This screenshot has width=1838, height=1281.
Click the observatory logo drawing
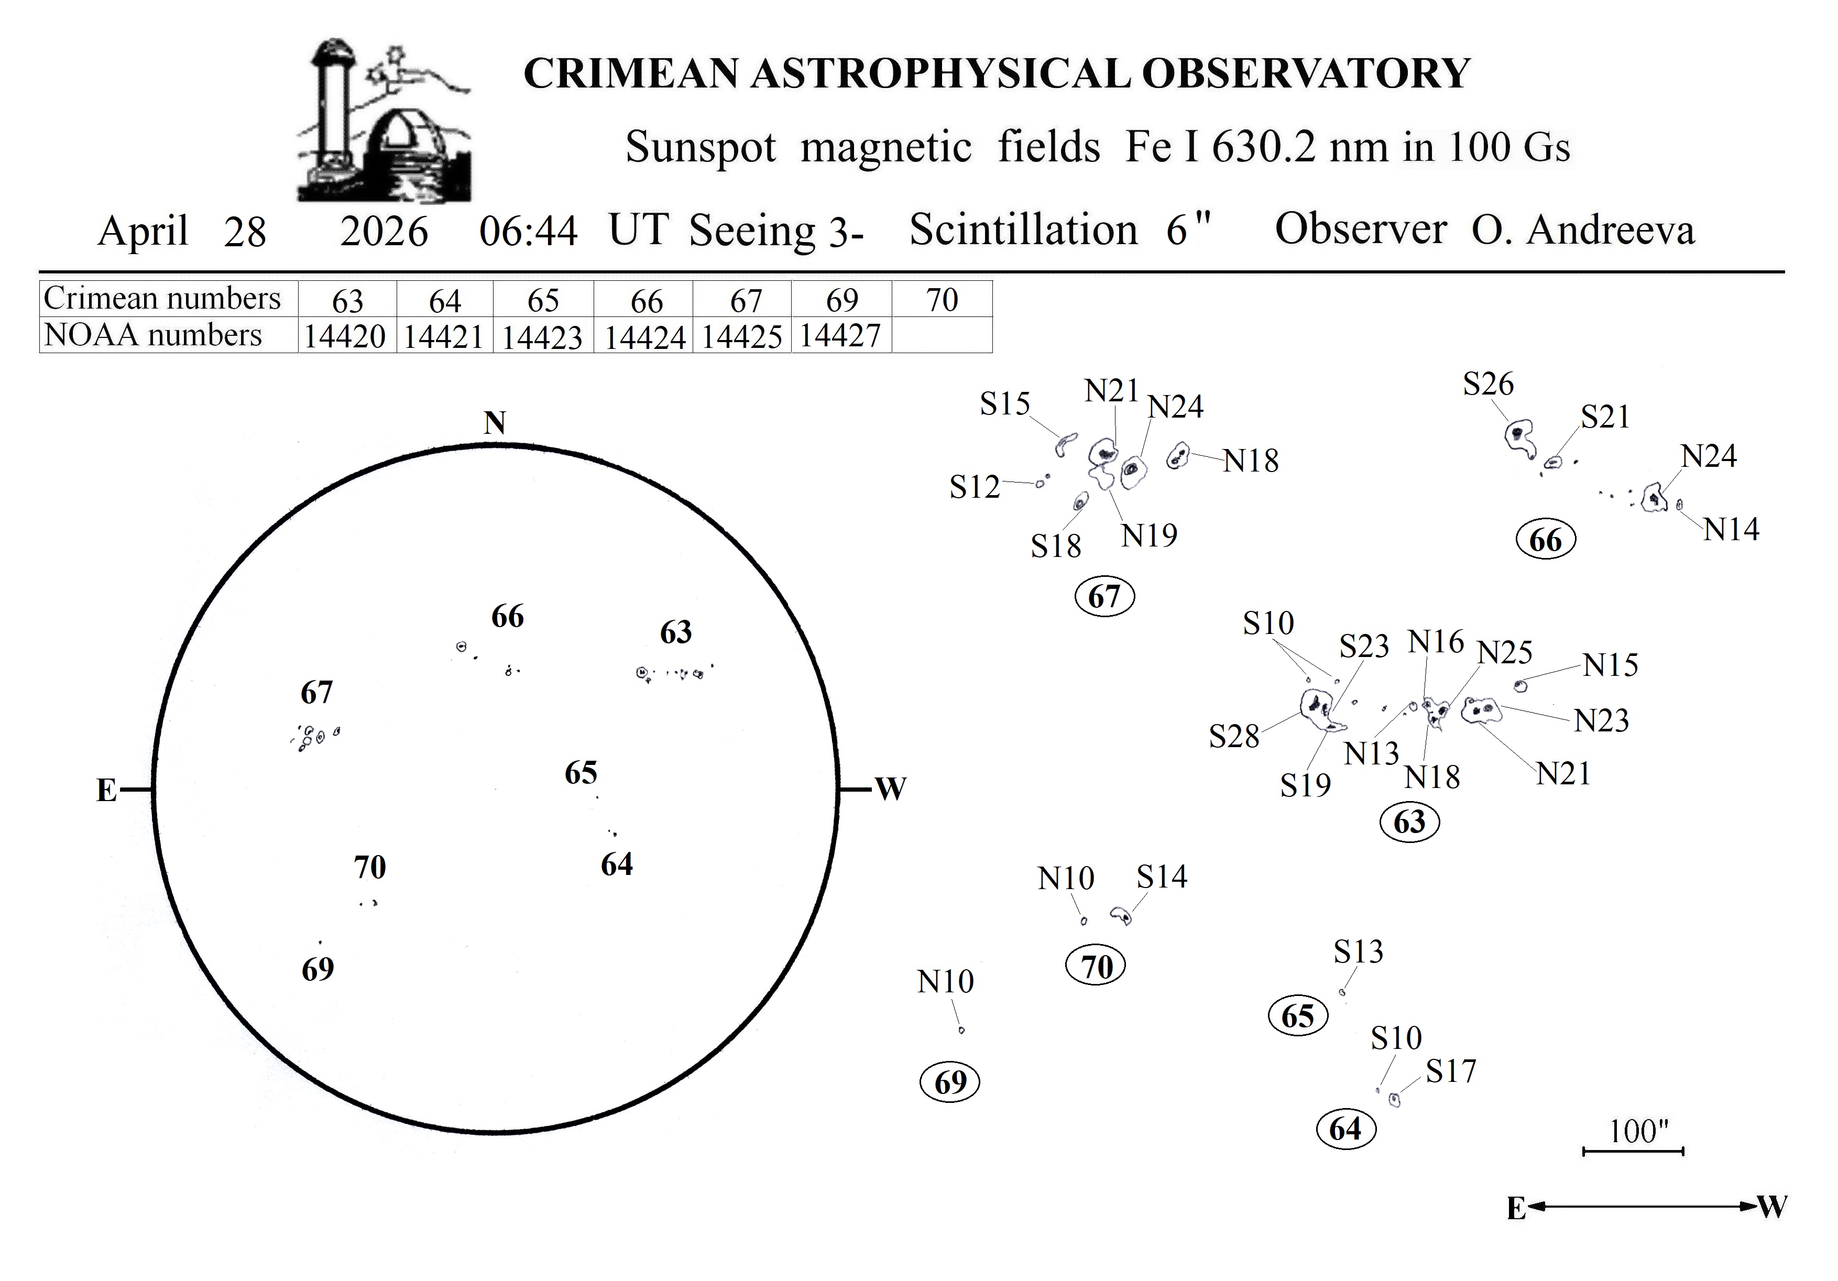coord(382,120)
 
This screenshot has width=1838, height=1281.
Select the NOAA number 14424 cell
coord(644,337)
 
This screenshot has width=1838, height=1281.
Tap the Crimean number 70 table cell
coord(942,300)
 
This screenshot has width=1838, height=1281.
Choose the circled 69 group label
coord(950,1082)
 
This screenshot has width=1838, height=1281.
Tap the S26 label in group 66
coord(1488,385)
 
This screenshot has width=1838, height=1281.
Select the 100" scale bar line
coord(1633,1151)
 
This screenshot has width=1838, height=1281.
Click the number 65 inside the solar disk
coord(581,773)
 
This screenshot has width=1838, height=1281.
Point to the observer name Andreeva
coord(1610,231)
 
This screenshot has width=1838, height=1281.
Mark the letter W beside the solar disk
coord(890,790)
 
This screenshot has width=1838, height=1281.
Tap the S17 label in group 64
coord(1451,1071)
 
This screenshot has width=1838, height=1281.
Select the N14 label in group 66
coord(1731,529)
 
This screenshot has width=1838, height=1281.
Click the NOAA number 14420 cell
coord(346,337)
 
